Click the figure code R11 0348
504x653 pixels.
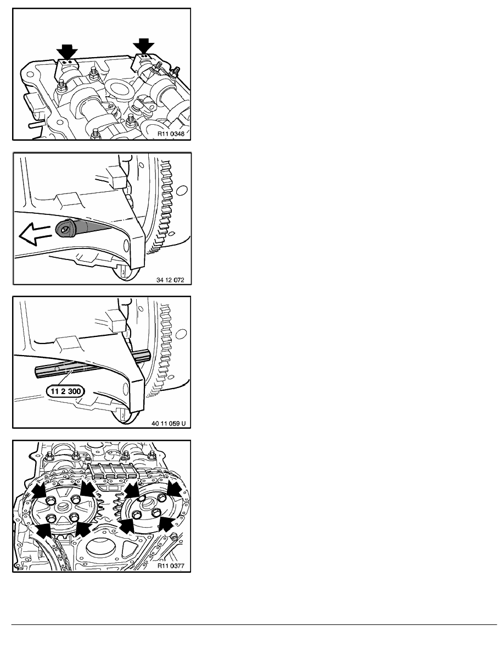pos(171,134)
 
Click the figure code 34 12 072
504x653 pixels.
pos(170,280)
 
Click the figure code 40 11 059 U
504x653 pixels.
pos(169,424)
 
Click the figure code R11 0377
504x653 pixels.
pos(171,566)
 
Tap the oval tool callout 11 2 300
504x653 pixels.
pos(65,391)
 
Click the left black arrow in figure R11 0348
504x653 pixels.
pos(67,51)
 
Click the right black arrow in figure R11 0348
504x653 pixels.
pos(143,46)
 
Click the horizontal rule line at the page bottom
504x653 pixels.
pos(254,624)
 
